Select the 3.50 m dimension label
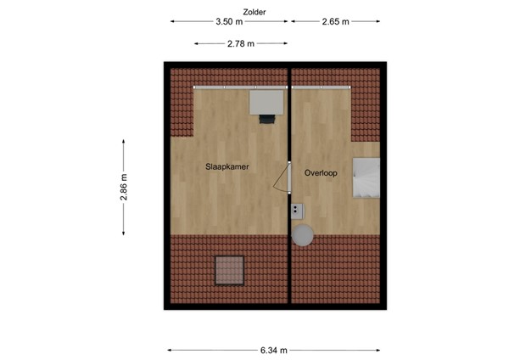coord(228,22)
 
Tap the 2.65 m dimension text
coord(336,22)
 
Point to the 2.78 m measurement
coord(241,43)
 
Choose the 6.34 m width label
coord(273,349)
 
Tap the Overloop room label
coord(321,173)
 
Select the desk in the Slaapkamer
coord(266,102)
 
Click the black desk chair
coord(267,118)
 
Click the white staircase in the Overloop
coord(367,177)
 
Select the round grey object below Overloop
coord(303,234)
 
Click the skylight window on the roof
coord(228,270)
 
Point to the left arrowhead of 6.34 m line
coord(169,349)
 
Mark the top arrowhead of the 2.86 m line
coord(124,140)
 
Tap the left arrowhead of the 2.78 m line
coord(195,43)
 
